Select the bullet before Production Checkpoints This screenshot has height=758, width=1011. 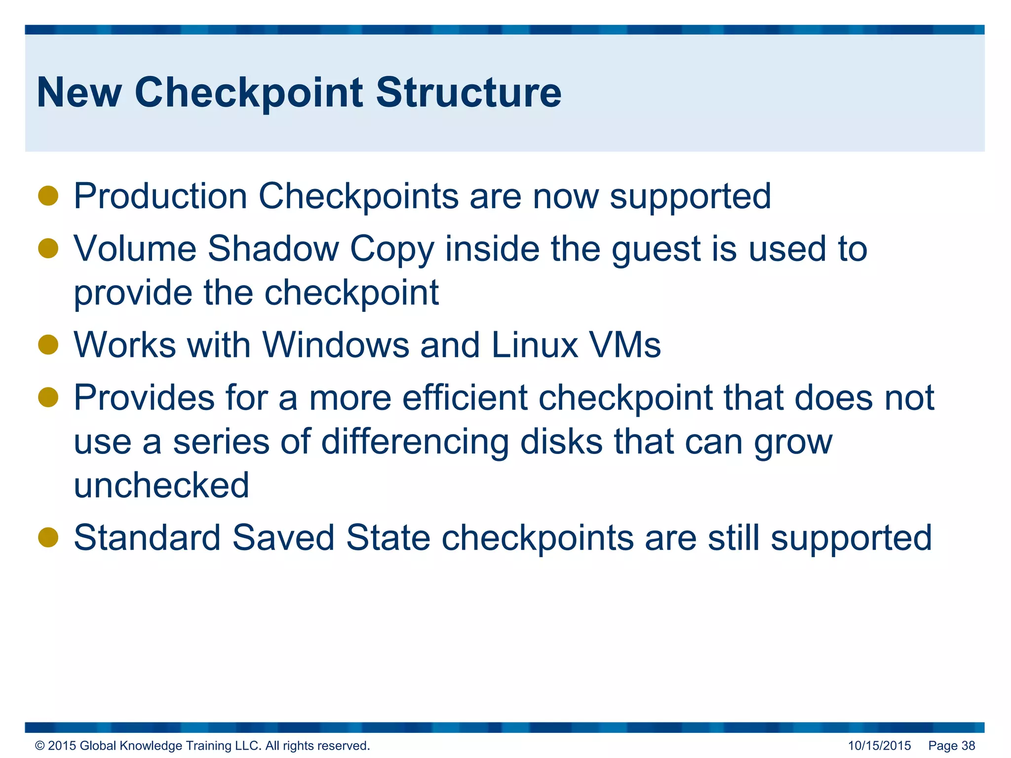[48, 196]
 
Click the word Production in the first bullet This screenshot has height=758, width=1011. [160, 196]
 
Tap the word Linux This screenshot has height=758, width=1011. [535, 345]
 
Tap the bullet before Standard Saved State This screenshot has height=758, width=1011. [48, 537]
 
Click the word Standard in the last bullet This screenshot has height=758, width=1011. [147, 537]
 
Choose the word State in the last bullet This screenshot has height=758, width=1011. [388, 537]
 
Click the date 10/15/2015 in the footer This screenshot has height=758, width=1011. [879, 746]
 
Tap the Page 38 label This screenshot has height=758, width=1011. [951, 746]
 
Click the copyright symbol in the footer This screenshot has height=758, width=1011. [40, 746]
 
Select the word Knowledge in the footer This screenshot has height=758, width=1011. [151, 746]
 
